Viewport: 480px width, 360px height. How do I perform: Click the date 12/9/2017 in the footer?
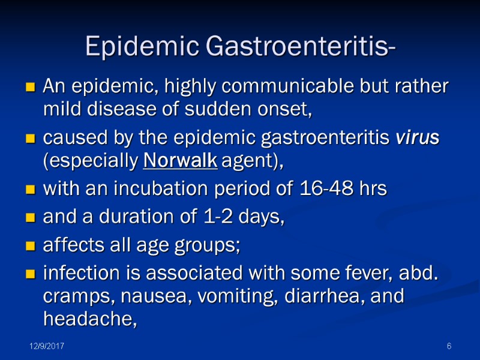click(48, 347)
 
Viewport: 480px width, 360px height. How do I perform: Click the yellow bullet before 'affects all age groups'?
click(29, 246)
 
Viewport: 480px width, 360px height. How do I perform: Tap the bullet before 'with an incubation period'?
click(29, 191)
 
